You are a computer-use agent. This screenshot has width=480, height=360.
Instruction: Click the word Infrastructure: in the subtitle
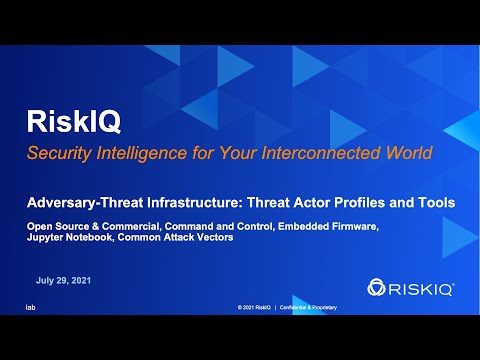(x=191, y=201)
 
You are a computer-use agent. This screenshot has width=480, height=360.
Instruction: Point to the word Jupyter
(x=47, y=239)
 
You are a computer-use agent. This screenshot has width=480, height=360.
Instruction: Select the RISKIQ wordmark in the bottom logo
(x=423, y=287)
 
